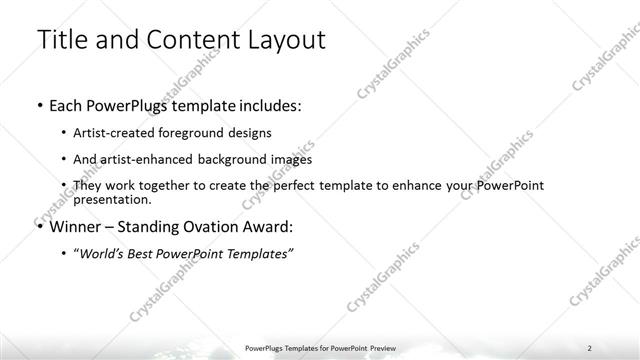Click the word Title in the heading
click(61, 41)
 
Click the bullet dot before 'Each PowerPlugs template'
click(38, 105)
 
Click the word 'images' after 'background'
click(290, 159)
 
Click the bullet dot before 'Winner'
click(38, 226)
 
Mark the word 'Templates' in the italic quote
click(258, 254)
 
